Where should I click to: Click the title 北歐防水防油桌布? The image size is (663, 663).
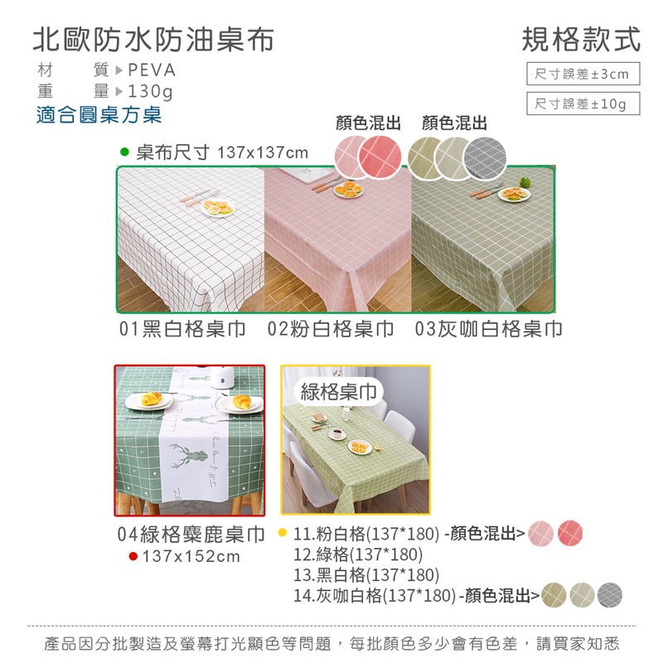coord(152,39)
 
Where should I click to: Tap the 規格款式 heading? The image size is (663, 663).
coord(582,39)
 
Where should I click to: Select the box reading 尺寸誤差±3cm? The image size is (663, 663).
coord(583,75)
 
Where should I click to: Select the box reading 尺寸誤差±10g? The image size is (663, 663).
coord(583,104)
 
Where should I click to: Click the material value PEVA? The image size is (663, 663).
coord(152,70)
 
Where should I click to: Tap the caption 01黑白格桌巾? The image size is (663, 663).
coord(182,329)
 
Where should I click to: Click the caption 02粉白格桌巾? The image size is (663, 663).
coord(331,329)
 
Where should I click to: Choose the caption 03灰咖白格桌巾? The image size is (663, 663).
coord(489,329)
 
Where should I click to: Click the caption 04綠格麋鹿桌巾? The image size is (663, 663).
coord(190,534)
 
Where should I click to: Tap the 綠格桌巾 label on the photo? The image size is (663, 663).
coord(338,391)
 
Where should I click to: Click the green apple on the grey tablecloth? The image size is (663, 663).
coord(525,181)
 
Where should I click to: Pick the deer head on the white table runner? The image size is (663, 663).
coord(189,457)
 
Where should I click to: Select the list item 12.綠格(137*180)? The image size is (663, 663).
coord(358,554)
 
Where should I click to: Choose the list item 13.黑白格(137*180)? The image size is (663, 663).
coord(366,574)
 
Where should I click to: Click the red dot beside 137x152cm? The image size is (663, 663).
coord(133,556)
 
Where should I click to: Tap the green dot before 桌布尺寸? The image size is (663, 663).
coord(125,152)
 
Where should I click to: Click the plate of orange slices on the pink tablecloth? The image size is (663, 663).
coord(348,190)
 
